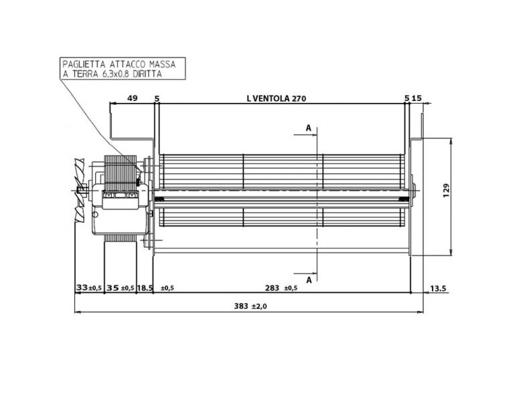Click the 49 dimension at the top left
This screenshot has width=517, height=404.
coord(132,98)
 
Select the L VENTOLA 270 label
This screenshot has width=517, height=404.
coord(276,98)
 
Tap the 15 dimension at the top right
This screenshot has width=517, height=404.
coord(417,98)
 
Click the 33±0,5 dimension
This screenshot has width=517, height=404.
coord(88,288)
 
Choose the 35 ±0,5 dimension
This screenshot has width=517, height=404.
coord(120,288)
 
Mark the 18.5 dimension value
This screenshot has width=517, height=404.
coord(145,288)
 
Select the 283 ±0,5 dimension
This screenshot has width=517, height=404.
coord(280,288)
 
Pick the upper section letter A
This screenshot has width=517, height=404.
coord(308,127)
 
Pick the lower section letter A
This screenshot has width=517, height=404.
coord(308,280)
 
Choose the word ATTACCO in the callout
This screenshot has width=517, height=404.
coord(125,65)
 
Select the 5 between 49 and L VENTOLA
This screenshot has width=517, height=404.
coord(157,98)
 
